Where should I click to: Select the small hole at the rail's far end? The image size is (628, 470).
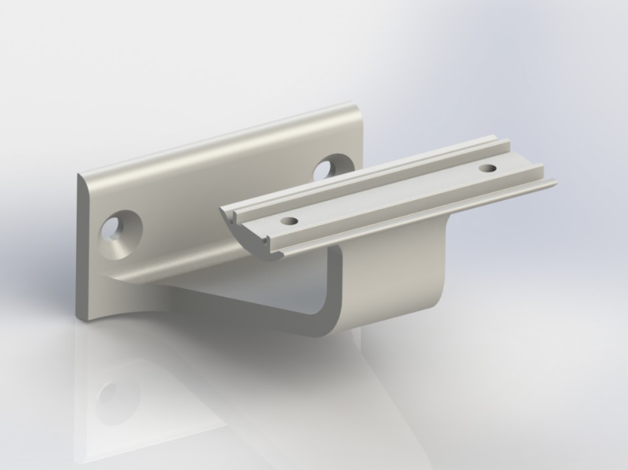[487, 168]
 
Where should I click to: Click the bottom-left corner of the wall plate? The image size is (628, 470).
[77, 317]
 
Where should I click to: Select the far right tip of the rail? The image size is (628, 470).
[554, 182]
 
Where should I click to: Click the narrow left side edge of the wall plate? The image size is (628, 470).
[82, 248]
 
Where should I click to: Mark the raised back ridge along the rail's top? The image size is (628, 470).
[376, 172]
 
